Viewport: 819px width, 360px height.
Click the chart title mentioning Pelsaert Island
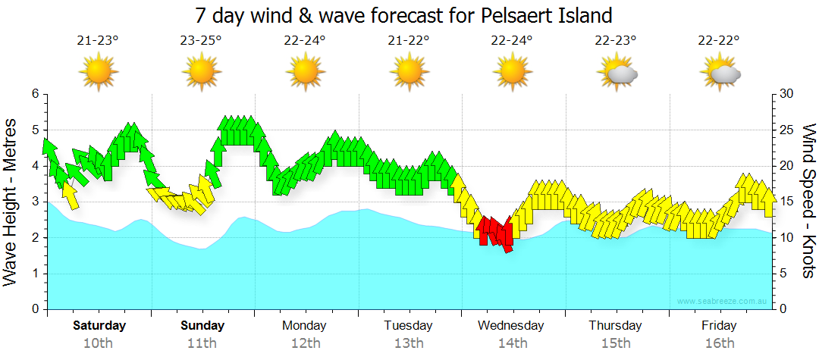click(x=403, y=15)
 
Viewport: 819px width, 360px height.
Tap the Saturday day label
click(x=99, y=326)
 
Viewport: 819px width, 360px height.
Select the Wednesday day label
click(x=510, y=326)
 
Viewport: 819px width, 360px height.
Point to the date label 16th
click(x=719, y=343)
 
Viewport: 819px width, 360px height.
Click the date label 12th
click(x=305, y=343)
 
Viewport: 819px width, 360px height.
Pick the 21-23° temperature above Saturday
click(x=98, y=40)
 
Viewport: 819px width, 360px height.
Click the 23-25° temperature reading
click(x=201, y=40)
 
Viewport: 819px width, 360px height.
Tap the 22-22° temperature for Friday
click(x=719, y=40)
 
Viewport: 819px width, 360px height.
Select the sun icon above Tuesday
click(x=408, y=73)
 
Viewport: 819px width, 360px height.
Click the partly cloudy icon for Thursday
click(x=617, y=73)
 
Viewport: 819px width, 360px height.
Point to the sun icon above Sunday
click(x=201, y=73)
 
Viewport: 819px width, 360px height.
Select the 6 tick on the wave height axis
click(x=35, y=94)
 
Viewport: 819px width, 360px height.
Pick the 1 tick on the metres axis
click(x=35, y=274)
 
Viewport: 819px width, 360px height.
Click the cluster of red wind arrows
click(x=496, y=231)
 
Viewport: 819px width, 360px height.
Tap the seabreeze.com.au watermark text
click(x=723, y=302)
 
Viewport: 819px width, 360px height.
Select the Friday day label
click(x=718, y=326)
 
